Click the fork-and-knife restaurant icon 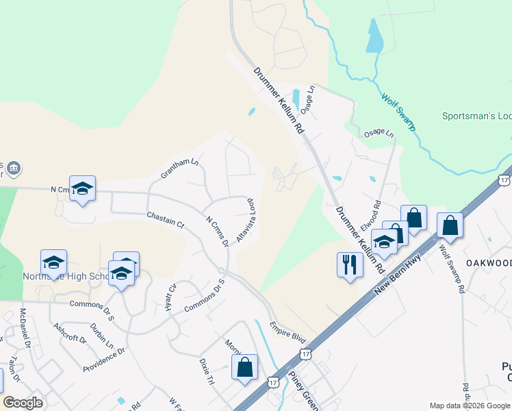coord(350,264)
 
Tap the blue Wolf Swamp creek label coord(398,112)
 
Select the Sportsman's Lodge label coord(476,116)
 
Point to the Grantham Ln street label coord(179,169)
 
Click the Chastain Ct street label coord(166,220)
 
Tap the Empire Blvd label coord(287,328)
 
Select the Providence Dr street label coord(104,360)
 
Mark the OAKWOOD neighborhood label coord(489,263)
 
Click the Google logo coord(23,403)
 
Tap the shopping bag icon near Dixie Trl coord(244,368)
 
